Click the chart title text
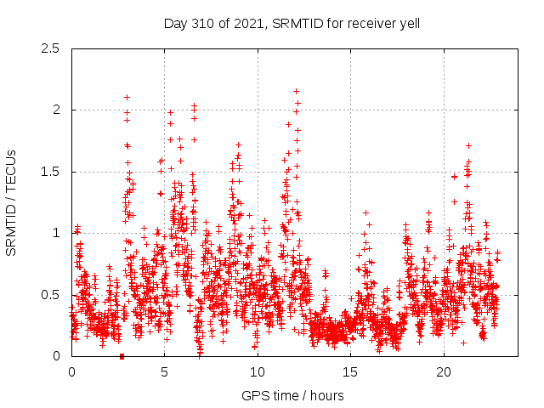coord(292,23)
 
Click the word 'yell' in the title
coord(408,23)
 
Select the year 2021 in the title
coord(246,23)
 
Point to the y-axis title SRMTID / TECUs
coord(11,202)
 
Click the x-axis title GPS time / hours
coord(292,395)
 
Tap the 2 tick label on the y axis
coord(55,110)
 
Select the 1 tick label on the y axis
coord(55,233)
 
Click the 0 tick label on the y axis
coord(55,356)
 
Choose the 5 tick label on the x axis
coord(164,372)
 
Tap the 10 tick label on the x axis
coord(258,372)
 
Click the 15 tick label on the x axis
coord(350,372)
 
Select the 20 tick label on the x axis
coord(444,372)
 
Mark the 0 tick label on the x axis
coord(71,372)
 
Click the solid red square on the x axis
coord(122,356)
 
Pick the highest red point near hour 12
coord(296,91)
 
